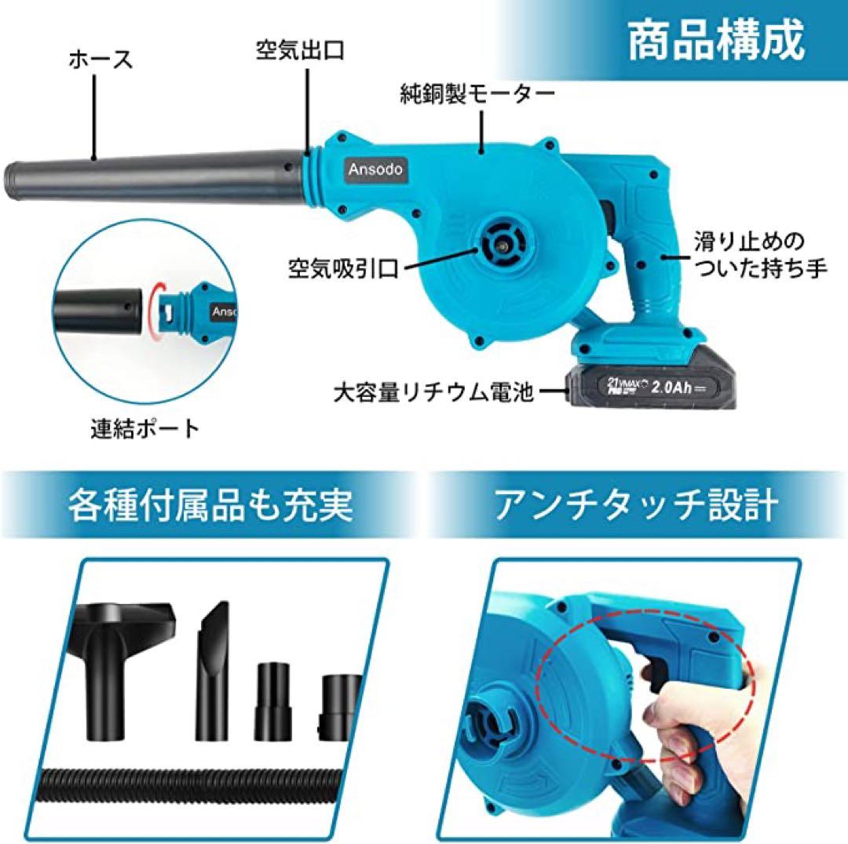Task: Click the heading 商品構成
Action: pyautogui.click(x=715, y=41)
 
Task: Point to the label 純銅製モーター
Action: pyautogui.click(x=477, y=96)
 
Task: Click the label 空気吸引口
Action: pyautogui.click(x=342, y=271)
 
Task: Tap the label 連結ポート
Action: pyautogui.click(x=144, y=427)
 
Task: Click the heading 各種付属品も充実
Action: pyautogui.click(x=210, y=505)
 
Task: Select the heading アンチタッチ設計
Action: pyautogui.click(x=636, y=505)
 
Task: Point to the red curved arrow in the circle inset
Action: pyautogui.click(x=159, y=309)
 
